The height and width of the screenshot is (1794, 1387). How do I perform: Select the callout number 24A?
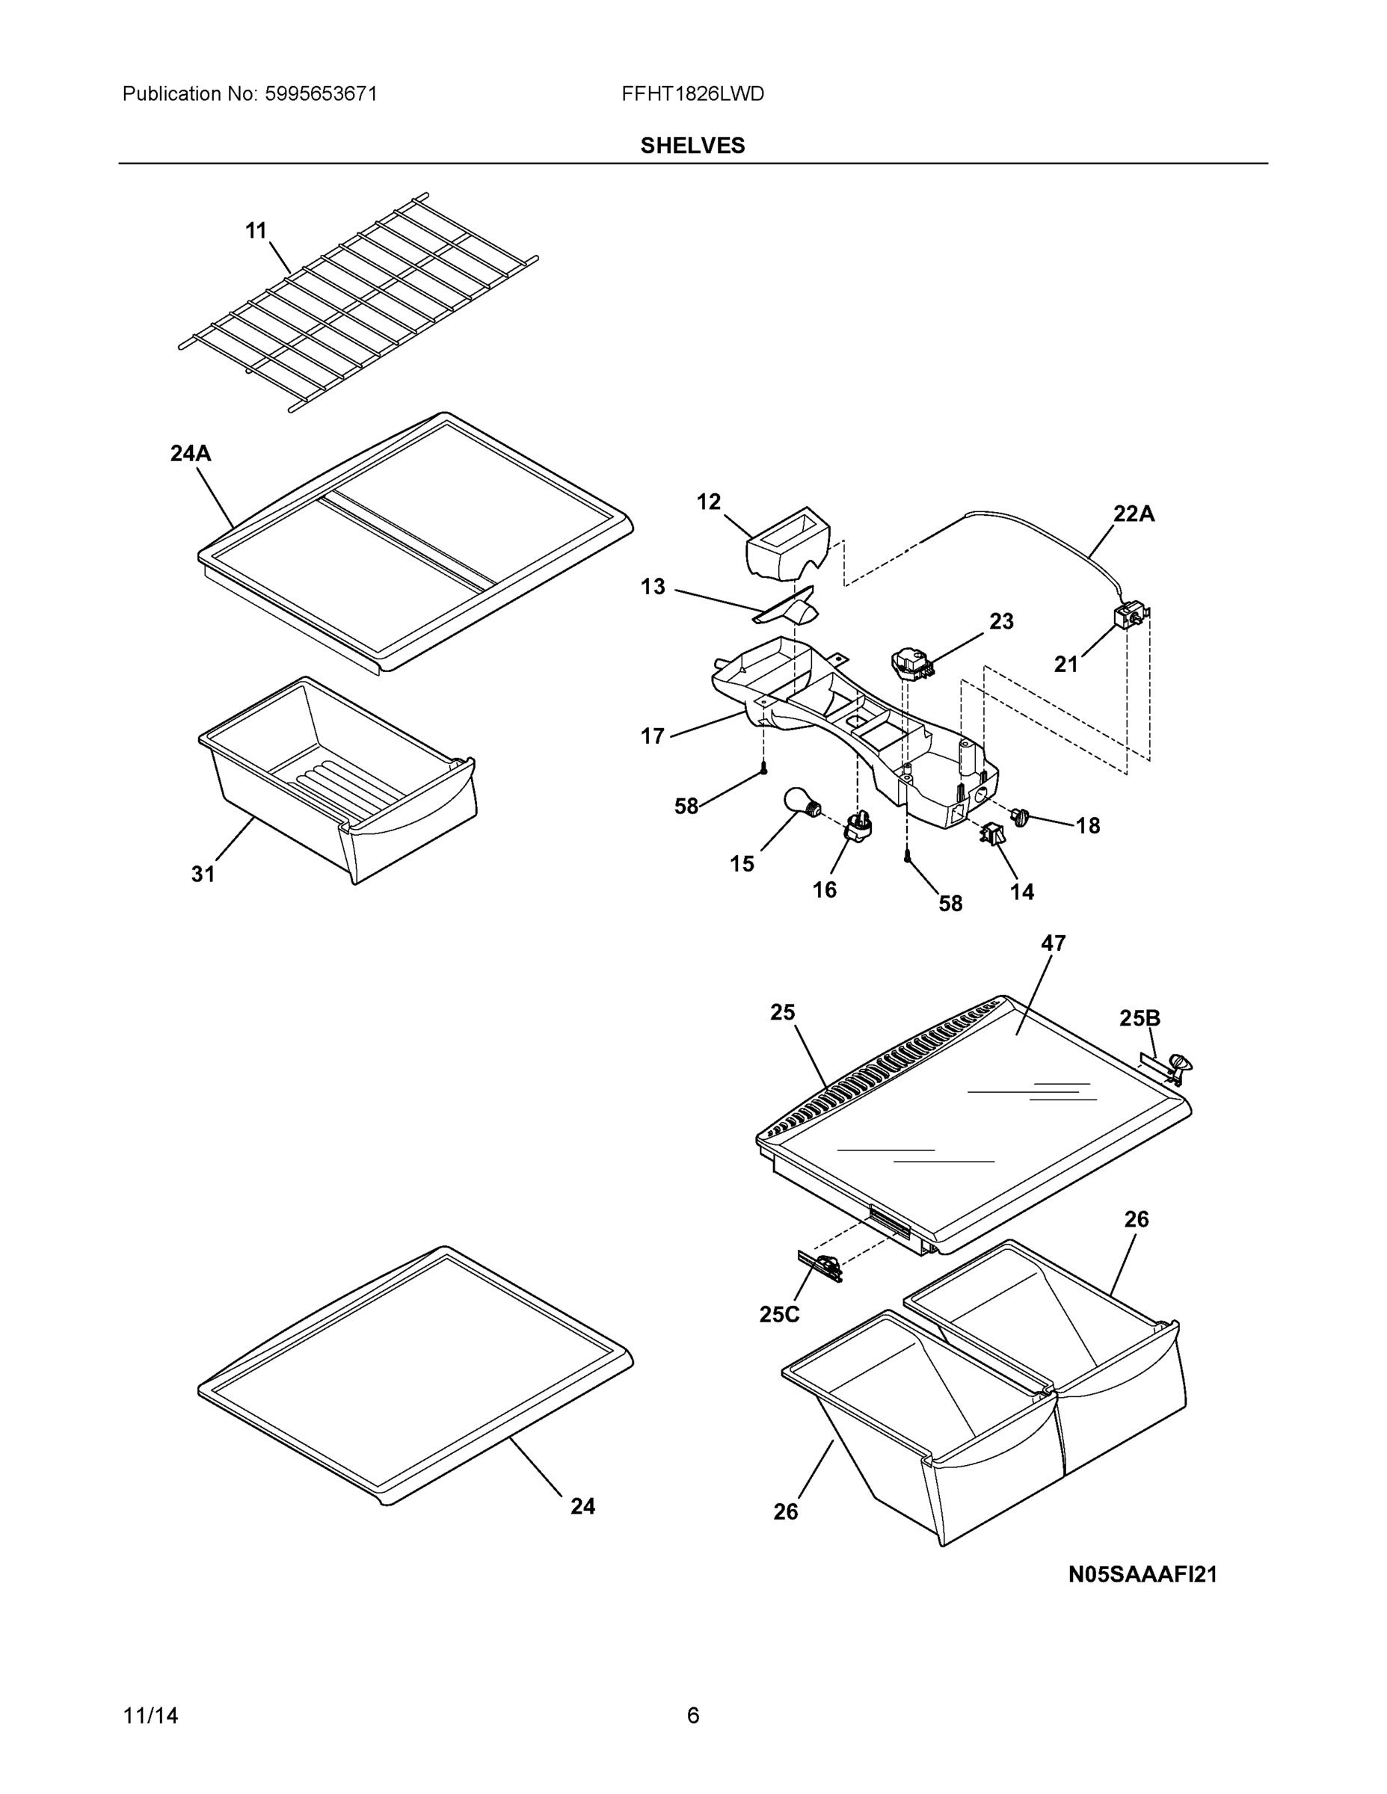click(x=191, y=454)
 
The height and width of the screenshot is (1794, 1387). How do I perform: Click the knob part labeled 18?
click(x=1021, y=816)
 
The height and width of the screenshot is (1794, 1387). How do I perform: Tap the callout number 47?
click(x=1054, y=944)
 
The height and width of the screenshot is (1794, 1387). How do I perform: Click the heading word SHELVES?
click(x=692, y=146)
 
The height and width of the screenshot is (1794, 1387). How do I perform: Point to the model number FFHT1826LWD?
click(x=692, y=94)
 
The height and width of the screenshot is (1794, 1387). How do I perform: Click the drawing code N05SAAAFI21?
click(x=1142, y=1575)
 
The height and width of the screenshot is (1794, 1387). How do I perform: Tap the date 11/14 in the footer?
click(x=150, y=1716)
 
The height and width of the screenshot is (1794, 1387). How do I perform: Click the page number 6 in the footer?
click(x=692, y=1716)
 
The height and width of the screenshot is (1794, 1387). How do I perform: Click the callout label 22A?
click(x=1134, y=514)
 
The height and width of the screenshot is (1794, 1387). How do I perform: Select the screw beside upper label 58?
click(x=764, y=767)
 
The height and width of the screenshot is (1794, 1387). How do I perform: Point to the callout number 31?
click(x=203, y=875)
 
